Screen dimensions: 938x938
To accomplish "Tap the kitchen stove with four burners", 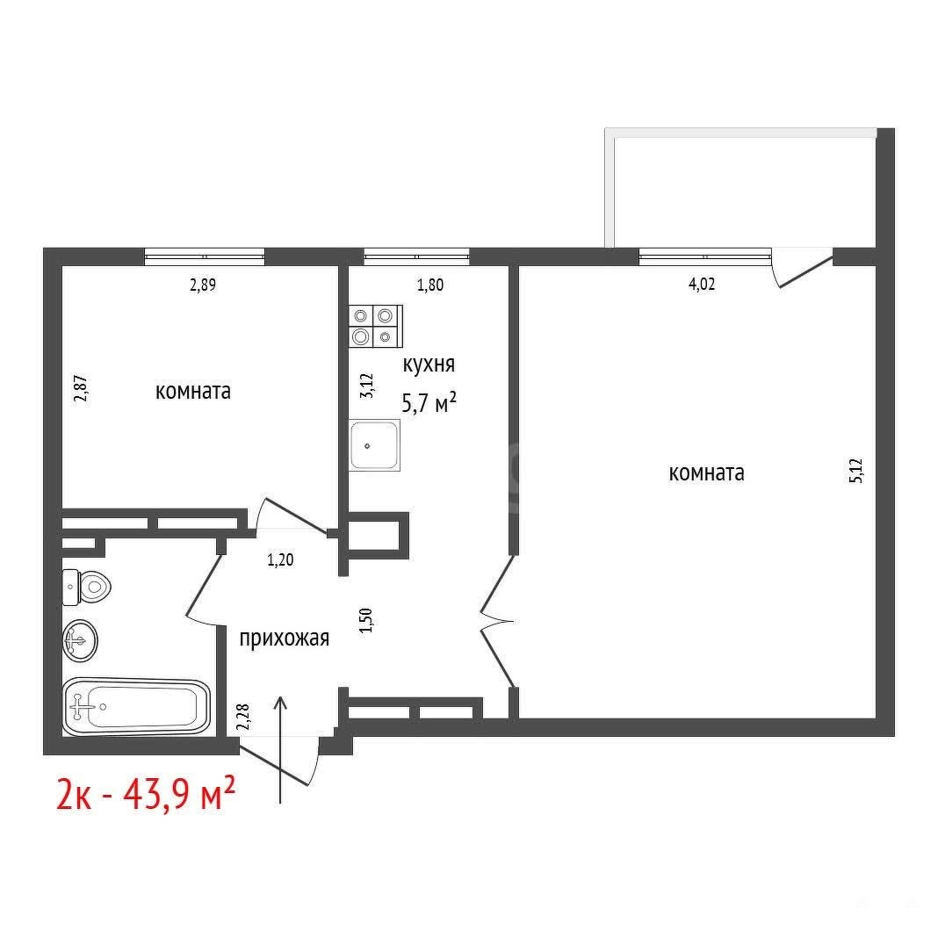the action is (x=376, y=326).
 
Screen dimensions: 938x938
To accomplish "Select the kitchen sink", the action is (x=374, y=445).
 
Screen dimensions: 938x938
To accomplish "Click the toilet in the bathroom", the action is (x=87, y=586).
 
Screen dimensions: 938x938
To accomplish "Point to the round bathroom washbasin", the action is (x=80, y=640).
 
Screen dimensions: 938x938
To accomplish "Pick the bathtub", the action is (x=136, y=706).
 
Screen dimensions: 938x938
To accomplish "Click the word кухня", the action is (x=429, y=364).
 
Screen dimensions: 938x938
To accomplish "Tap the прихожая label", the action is (x=285, y=639).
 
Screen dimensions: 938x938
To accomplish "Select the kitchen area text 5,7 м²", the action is (x=429, y=402).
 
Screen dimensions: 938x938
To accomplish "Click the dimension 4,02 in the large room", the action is (x=702, y=284).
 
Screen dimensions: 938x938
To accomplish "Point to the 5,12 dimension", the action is (x=856, y=470).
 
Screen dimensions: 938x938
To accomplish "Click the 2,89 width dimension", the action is (x=203, y=285).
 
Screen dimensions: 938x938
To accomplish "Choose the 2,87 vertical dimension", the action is (x=80, y=388).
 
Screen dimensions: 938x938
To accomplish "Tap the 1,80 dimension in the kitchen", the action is (x=430, y=285).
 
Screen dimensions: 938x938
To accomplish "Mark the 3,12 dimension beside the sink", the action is (x=366, y=386).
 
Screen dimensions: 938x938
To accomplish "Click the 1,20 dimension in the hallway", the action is (x=280, y=560).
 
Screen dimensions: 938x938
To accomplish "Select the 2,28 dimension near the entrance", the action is (x=242, y=717).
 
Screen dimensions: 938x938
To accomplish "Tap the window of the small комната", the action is (x=205, y=256).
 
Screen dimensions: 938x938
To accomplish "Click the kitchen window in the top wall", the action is (x=416, y=256).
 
